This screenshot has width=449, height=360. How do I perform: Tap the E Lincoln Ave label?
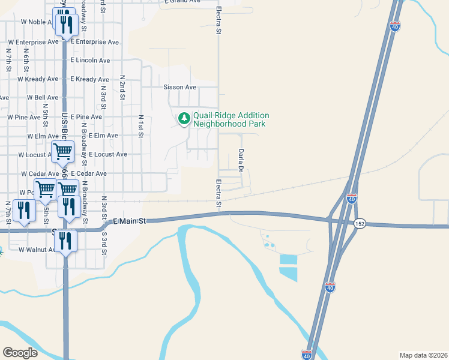click(90, 61)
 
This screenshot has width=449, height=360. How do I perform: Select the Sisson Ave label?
click(180, 87)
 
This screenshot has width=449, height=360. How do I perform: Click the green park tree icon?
click(184, 119)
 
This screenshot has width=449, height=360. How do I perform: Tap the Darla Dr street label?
click(241, 160)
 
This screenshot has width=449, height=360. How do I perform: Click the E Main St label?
click(130, 221)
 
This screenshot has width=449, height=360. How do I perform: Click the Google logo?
click(20, 353)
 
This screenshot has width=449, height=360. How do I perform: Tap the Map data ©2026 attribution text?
click(423, 355)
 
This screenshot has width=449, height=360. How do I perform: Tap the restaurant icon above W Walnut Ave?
click(65, 241)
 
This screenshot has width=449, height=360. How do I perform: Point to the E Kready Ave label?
click(89, 79)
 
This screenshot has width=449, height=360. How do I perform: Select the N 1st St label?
click(141, 127)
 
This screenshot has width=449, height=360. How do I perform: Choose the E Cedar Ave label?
click(88, 173)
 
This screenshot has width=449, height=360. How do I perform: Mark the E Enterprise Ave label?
click(95, 42)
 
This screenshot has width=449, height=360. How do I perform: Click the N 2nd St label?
click(122, 86)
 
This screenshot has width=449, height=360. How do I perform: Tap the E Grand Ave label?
click(182, 2)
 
